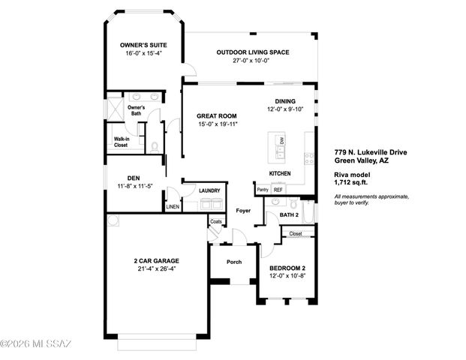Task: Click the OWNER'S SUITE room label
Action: pos(142,45)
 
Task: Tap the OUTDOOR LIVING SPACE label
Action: pos(252,52)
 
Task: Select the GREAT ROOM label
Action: pos(217,115)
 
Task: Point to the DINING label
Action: pos(285,101)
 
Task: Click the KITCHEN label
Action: pos(280,173)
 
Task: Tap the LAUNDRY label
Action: pos(199,190)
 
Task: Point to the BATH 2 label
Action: pos(290,214)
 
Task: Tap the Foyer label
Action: pos(243,211)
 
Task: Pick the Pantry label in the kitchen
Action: pos(263,190)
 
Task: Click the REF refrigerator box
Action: pos(278,190)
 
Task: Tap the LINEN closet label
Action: pos(173,206)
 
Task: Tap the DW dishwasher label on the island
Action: pos(282,140)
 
